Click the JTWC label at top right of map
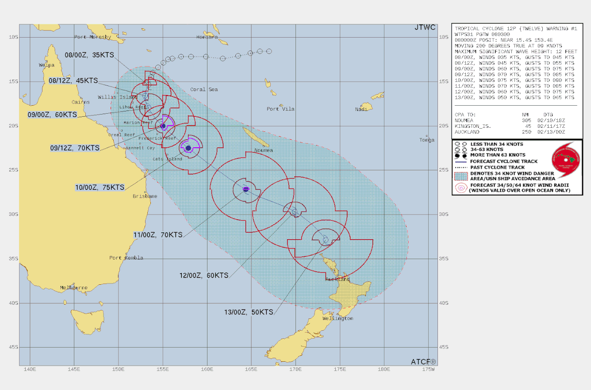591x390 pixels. tap(425, 28)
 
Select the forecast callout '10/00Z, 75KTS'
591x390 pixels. tap(100, 187)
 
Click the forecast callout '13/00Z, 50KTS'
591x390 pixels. tap(249, 312)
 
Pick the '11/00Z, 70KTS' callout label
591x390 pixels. tap(158, 235)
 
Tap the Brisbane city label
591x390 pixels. tap(145, 196)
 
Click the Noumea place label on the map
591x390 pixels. tap(264, 150)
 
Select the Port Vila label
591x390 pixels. tap(280, 109)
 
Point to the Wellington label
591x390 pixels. tap(338, 318)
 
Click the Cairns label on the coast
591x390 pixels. tap(81, 102)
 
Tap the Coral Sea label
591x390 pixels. tap(204, 89)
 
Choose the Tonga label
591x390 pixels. tap(427, 140)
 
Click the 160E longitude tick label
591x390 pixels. tap(207, 370)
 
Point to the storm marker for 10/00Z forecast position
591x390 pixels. tap(188, 148)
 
